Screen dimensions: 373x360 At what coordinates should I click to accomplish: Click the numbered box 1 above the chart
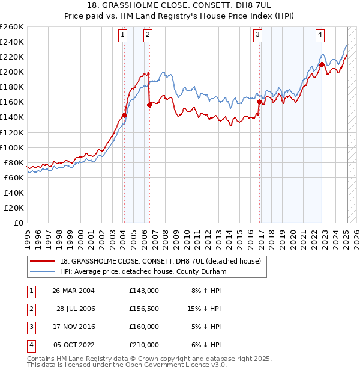(x=123, y=35)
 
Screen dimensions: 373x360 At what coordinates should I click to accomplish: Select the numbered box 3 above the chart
(x=257, y=35)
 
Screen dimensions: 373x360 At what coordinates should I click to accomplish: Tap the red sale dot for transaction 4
(x=322, y=64)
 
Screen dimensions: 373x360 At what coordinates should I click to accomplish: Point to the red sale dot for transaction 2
(x=149, y=105)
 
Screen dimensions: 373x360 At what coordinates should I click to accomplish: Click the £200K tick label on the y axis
(x=12, y=72)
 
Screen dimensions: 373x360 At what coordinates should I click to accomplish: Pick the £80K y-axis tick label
(x=14, y=162)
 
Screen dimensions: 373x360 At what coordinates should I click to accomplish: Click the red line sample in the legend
(x=43, y=262)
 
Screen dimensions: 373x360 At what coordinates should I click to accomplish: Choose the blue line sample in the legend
(x=43, y=272)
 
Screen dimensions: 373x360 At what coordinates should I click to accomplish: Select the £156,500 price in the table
(x=143, y=309)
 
